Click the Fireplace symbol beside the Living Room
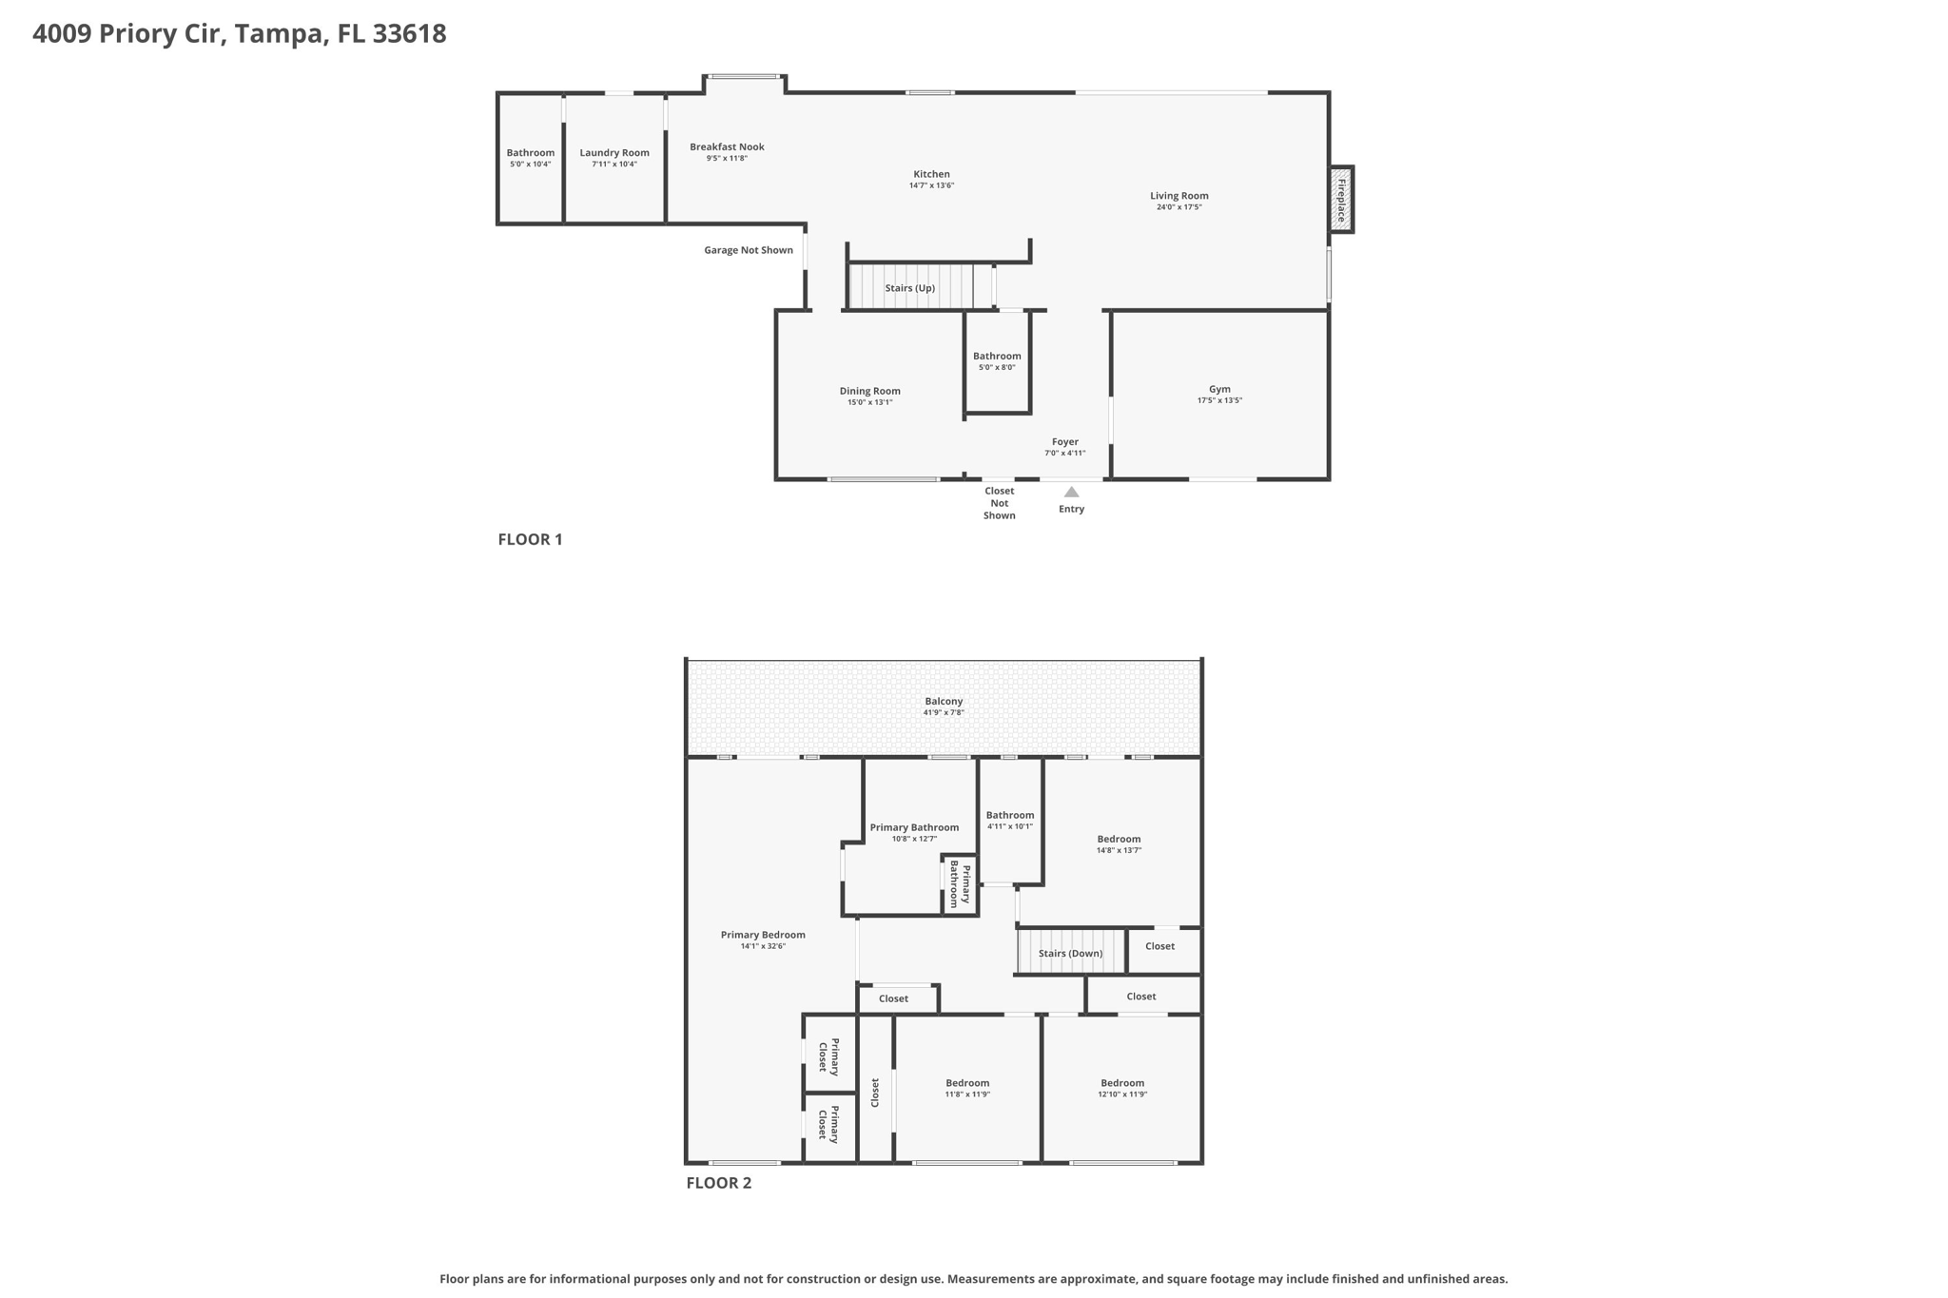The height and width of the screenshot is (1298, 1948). pyautogui.click(x=1341, y=200)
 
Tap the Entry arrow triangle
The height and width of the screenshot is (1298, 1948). pyautogui.click(x=1071, y=493)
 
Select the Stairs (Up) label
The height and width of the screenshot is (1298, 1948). pyautogui.click(x=909, y=288)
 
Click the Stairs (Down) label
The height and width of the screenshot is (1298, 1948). pyautogui.click(x=1070, y=953)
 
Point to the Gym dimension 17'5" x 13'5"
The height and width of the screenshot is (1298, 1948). pyautogui.click(x=1219, y=400)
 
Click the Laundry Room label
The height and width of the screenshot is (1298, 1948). pyautogui.click(x=614, y=152)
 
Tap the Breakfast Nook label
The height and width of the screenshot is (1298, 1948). pyautogui.click(x=727, y=146)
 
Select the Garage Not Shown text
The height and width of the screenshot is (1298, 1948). pyautogui.click(x=748, y=250)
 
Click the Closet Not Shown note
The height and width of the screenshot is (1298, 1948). pyautogui.click(x=999, y=503)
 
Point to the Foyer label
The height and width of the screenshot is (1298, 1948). pyautogui.click(x=1064, y=441)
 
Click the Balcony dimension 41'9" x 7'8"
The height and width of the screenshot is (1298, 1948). pyautogui.click(x=944, y=712)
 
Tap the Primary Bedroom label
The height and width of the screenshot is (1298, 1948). pyautogui.click(x=763, y=935)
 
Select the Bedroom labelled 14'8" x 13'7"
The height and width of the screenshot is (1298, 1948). pyautogui.click(x=1119, y=839)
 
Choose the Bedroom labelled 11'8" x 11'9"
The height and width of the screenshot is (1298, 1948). pyautogui.click(x=967, y=1083)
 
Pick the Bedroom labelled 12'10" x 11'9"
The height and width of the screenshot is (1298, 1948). pyautogui.click(x=1122, y=1083)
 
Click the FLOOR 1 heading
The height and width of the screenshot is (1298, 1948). pyautogui.click(x=530, y=539)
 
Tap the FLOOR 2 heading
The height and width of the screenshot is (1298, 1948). pyautogui.click(x=718, y=1183)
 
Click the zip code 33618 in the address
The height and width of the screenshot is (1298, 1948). pyautogui.click(x=409, y=33)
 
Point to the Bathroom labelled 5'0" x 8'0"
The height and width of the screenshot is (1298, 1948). pyautogui.click(x=997, y=356)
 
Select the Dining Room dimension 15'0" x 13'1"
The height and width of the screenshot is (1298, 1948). pyautogui.click(x=869, y=402)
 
